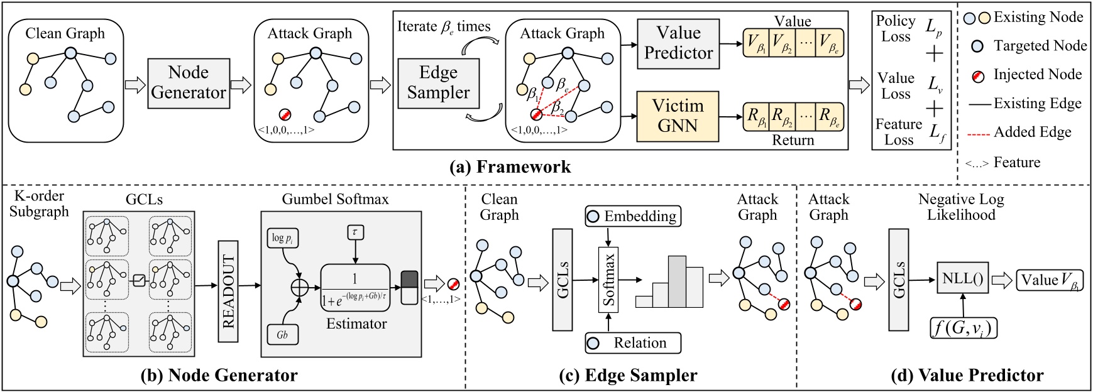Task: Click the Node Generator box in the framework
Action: click(x=189, y=83)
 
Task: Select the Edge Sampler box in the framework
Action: click(x=438, y=83)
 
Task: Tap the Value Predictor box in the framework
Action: click(x=678, y=43)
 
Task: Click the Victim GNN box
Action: click(x=678, y=116)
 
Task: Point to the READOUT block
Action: click(x=228, y=291)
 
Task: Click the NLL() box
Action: click(x=962, y=278)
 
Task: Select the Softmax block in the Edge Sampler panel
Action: click(x=608, y=280)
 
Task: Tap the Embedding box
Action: click(x=633, y=217)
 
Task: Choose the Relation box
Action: click(x=633, y=343)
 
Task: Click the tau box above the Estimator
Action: click(x=355, y=232)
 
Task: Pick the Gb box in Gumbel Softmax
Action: click(x=282, y=335)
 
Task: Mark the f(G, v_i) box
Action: click(x=963, y=328)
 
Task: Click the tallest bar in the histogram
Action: click(x=677, y=281)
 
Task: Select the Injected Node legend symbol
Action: click(x=977, y=75)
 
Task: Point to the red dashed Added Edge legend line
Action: click(x=977, y=133)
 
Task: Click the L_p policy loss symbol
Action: click(x=934, y=27)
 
